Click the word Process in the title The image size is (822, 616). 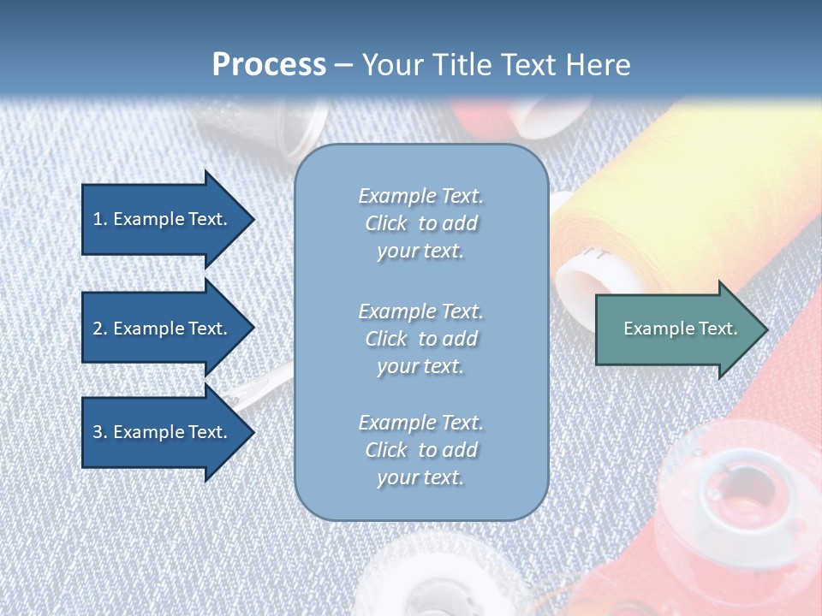[269, 65]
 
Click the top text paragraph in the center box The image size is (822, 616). [420, 223]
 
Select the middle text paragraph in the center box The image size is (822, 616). [420, 339]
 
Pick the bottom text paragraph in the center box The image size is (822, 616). [420, 450]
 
